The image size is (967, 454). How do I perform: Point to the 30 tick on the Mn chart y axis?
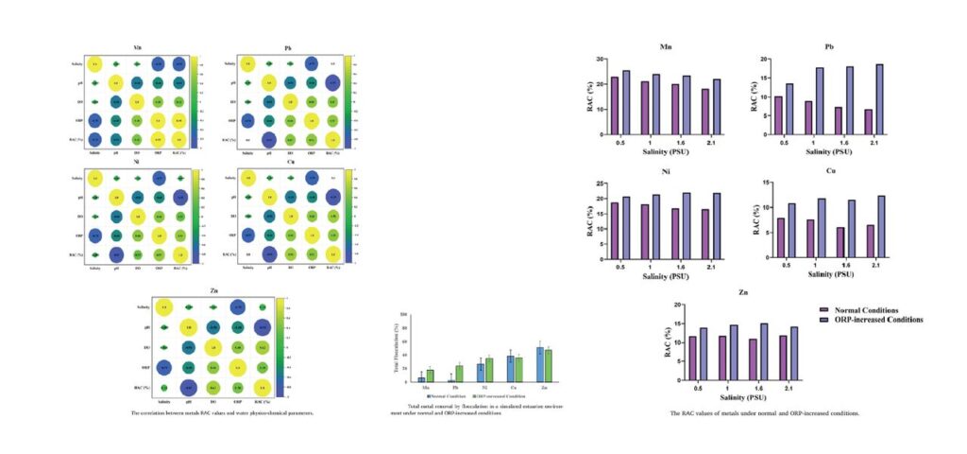[602, 59]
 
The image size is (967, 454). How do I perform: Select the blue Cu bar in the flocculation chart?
[510, 365]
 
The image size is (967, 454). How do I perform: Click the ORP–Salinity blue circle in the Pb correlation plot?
[248, 121]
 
